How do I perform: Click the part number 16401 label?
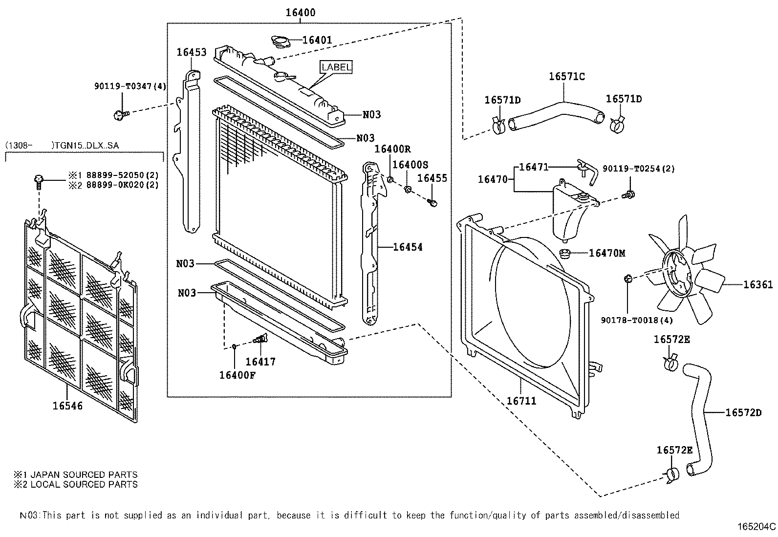(x=317, y=40)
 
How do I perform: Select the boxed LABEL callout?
(x=336, y=67)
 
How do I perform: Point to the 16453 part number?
(x=192, y=52)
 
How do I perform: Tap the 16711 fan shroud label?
(x=521, y=401)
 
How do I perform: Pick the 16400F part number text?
(x=238, y=375)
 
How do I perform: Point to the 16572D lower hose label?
(x=743, y=412)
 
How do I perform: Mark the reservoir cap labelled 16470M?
(x=565, y=253)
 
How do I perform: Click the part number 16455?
(x=432, y=178)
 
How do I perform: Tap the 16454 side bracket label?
(x=408, y=247)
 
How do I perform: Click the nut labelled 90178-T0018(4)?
(x=628, y=279)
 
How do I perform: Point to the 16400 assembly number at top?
(x=301, y=13)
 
